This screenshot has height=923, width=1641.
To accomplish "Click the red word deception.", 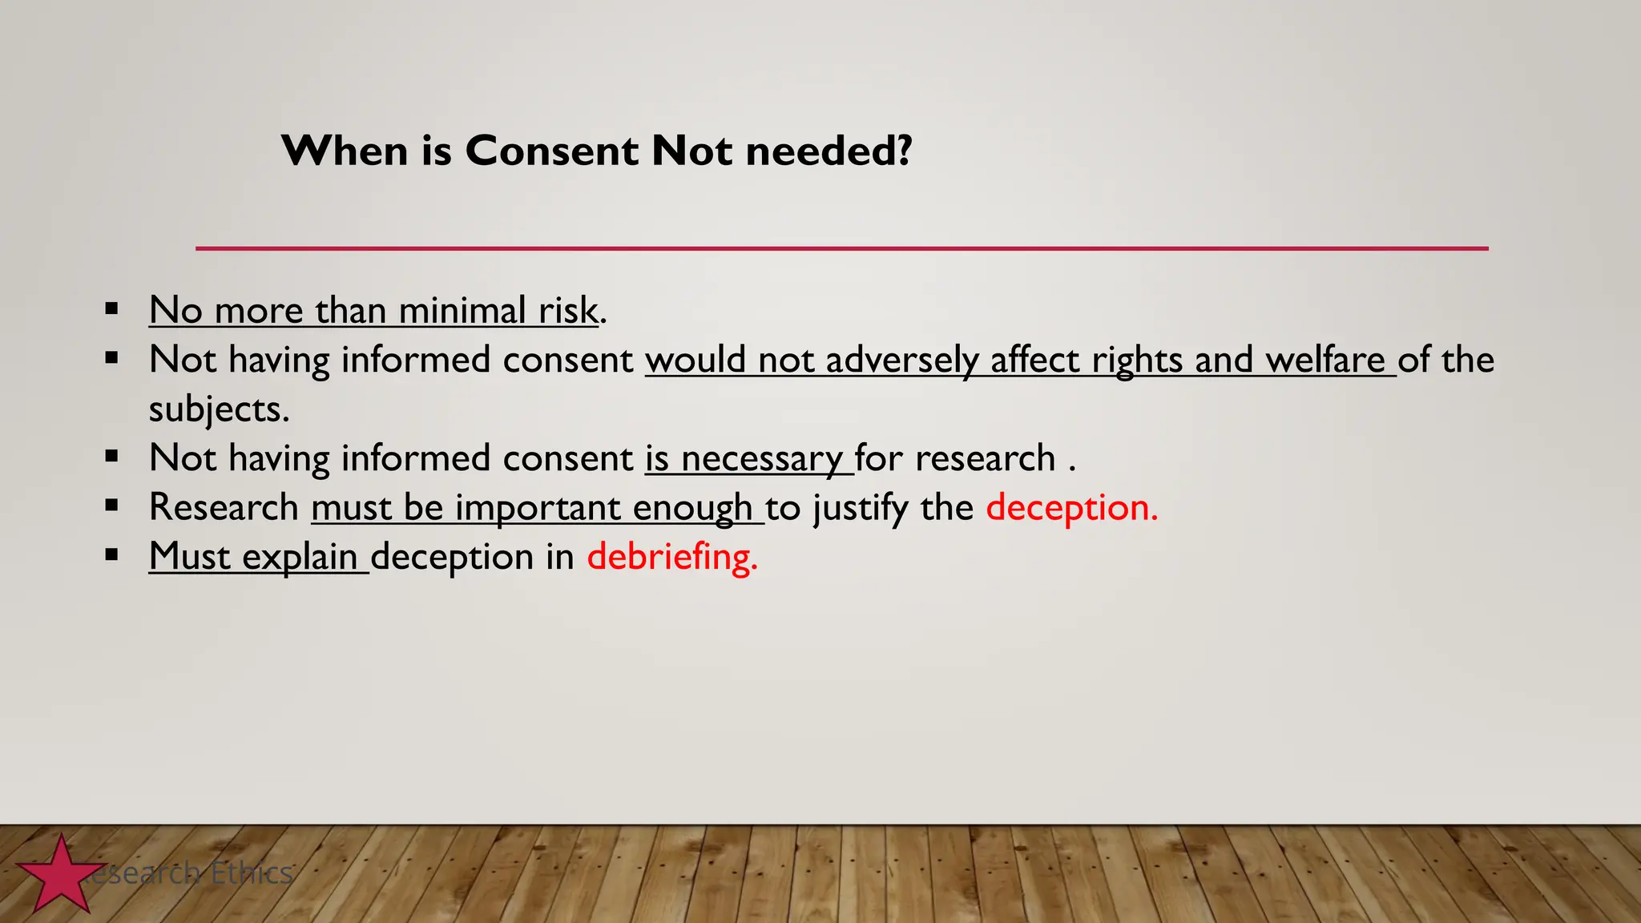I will tap(1071, 508).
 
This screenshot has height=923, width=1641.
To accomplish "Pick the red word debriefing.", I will tap(671, 557).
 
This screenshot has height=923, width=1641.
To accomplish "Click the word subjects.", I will tap(219, 409).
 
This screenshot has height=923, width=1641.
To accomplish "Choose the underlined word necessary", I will tap(761, 459).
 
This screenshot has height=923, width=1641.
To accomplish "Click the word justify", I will tap(861, 508).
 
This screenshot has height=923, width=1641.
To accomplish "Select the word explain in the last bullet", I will tap(300, 557).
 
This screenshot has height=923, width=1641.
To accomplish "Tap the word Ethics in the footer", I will tap(252, 873).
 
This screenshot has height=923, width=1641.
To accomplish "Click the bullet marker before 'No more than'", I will tap(111, 308).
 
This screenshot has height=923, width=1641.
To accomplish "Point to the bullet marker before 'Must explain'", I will tap(111, 554).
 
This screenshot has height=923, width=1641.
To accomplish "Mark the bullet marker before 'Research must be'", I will tap(111, 506).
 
